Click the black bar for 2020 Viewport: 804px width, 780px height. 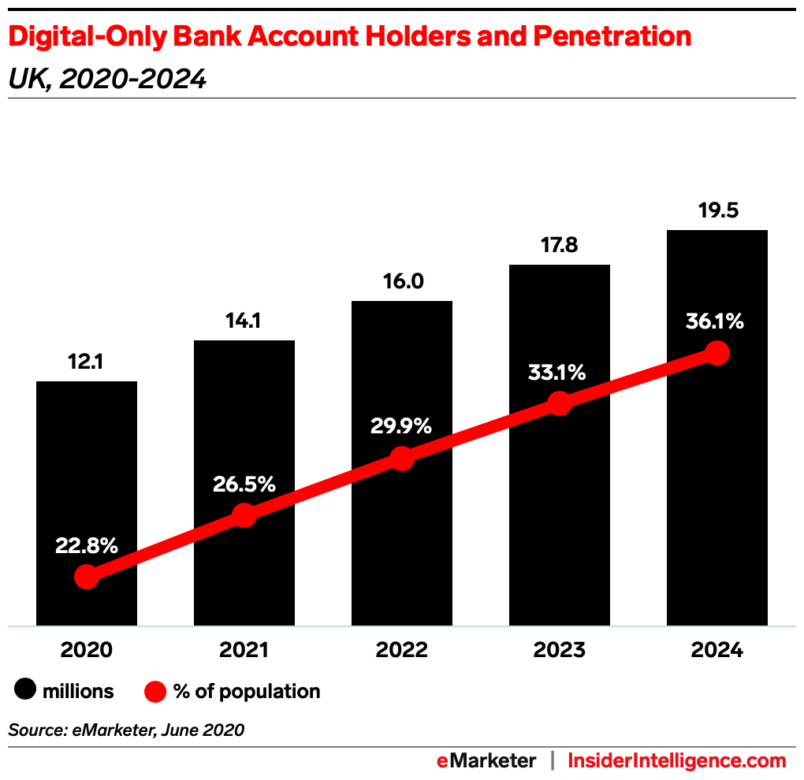tap(87, 473)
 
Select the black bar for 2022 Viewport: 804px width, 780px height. tap(402, 378)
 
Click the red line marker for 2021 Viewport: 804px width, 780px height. tap(244, 515)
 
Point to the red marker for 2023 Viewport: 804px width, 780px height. tap(560, 403)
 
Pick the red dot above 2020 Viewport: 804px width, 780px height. tap(87, 577)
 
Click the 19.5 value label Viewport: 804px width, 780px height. tap(717, 211)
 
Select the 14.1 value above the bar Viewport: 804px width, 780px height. tap(244, 321)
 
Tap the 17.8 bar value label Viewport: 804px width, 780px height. tap(560, 246)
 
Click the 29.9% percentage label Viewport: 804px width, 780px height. tap(402, 426)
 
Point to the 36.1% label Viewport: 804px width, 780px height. tap(716, 321)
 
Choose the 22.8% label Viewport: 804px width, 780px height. tap(87, 544)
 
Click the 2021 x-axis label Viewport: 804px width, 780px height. tap(244, 650)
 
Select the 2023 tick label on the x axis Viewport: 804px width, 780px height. tap(560, 650)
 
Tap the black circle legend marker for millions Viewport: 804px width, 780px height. tap(26, 692)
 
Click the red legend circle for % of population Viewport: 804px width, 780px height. tap(156, 692)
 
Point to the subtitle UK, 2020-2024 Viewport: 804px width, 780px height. tap(107, 79)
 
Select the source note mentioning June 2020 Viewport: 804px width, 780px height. tap(126, 730)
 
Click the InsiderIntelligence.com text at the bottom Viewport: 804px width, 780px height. tap(677, 760)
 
